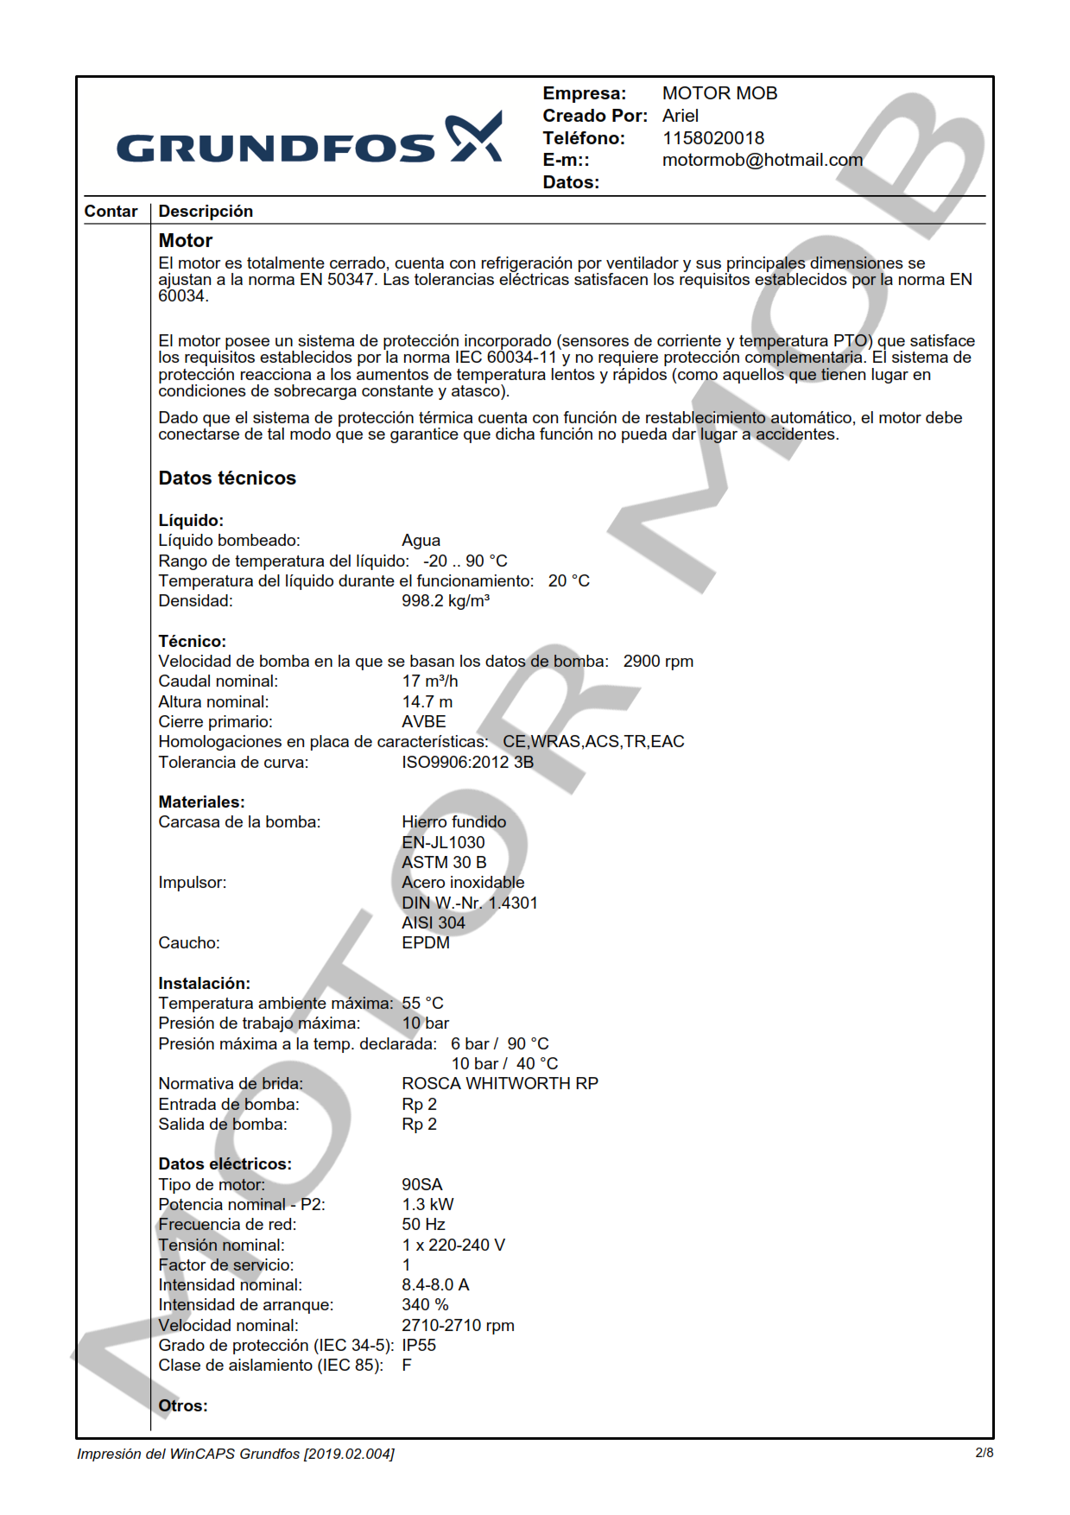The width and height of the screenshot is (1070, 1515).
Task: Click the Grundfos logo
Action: tap(308, 139)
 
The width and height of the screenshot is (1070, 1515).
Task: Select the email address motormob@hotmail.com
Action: tap(762, 160)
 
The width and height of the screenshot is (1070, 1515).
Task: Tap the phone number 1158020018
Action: tap(712, 138)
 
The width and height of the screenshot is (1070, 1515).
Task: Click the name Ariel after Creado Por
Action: tap(680, 116)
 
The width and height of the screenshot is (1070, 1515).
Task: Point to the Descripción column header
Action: tap(206, 212)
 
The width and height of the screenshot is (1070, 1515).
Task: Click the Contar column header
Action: tap(111, 212)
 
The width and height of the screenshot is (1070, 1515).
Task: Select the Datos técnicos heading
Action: tap(227, 479)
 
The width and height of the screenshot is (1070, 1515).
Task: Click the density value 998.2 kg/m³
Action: tap(445, 601)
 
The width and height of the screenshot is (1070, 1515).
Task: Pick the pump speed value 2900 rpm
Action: tap(658, 662)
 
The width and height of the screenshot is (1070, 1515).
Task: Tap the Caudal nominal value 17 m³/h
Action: tap(429, 681)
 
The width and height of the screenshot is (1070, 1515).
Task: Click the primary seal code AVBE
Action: tap(423, 722)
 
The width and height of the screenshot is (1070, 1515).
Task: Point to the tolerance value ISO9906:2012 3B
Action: tap(467, 763)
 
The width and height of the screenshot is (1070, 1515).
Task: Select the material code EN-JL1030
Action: tap(443, 843)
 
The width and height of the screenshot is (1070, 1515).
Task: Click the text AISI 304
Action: tap(433, 923)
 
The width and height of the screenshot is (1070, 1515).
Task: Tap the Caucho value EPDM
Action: tap(425, 943)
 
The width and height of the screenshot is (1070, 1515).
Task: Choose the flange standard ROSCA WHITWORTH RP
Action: tap(499, 1084)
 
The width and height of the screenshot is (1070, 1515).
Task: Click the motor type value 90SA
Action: tap(421, 1185)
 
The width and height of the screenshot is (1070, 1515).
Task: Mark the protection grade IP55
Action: tap(419, 1346)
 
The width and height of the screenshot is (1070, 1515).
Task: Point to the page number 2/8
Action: tap(984, 1453)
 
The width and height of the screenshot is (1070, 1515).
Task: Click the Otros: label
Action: tap(182, 1406)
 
